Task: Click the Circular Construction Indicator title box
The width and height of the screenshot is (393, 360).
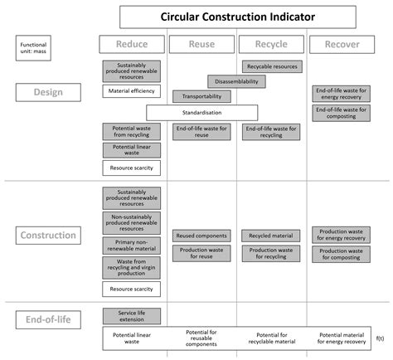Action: click(237, 17)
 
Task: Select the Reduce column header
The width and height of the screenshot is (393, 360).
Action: click(132, 44)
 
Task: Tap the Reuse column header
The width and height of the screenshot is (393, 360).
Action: click(201, 44)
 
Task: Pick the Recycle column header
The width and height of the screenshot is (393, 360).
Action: click(271, 44)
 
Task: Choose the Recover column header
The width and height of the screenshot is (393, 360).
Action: click(342, 44)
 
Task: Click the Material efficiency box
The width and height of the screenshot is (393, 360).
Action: click(132, 91)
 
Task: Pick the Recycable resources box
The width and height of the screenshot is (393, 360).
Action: click(272, 66)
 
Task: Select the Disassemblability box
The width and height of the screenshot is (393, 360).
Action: click(237, 81)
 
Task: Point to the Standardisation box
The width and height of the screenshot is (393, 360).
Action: click(201, 112)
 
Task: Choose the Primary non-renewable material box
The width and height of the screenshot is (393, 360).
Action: click(132, 244)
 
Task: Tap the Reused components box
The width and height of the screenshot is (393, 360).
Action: click(201, 236)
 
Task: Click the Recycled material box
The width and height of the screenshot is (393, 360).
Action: click(272, 236)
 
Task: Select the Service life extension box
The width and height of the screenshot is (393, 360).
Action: click(132, 315)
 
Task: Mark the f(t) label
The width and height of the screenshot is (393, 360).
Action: click(380, 338)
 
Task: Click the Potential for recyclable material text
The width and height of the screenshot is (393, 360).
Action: click(272, 338)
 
